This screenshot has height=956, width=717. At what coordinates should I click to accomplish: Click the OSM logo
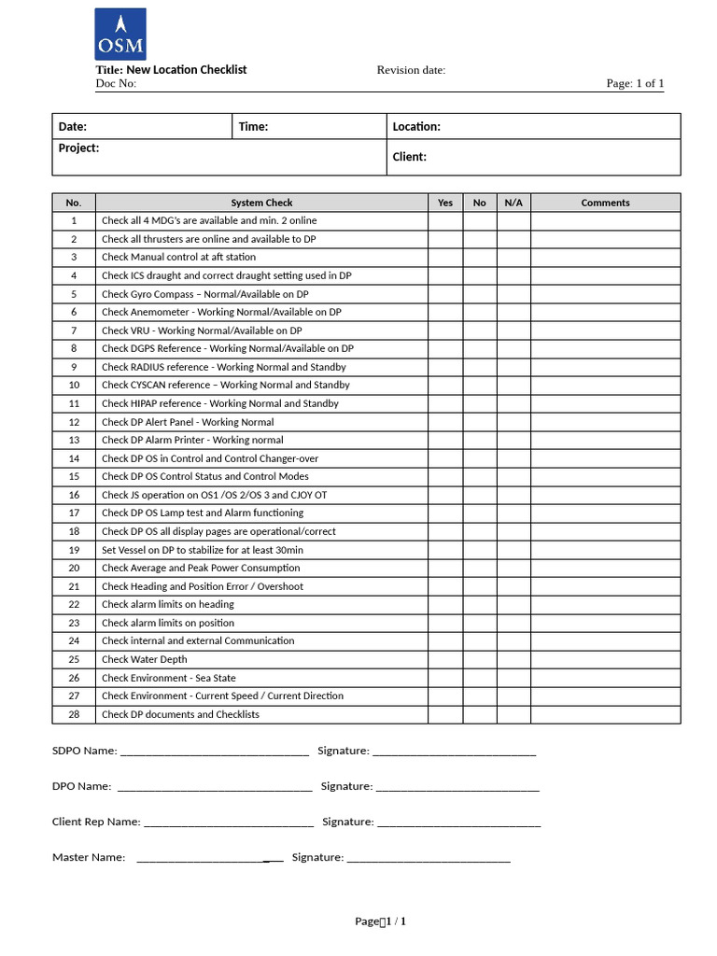click(x=120, y=34)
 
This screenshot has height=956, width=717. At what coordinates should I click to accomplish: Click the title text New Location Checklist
click(x=171, y=70)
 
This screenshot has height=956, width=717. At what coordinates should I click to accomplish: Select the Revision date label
click(x=411, y=70)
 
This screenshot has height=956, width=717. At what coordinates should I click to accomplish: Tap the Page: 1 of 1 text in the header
click(x=635, y=83)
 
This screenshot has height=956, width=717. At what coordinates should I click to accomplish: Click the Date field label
click(x=73, y=126)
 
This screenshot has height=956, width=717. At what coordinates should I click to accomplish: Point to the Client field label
click(x=409, y=157)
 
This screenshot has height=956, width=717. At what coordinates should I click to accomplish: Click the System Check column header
click(x=261, y=203)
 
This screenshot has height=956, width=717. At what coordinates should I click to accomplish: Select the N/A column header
click(x=513, y=203)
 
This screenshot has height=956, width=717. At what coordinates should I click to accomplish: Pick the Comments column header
click(x=605, y=203)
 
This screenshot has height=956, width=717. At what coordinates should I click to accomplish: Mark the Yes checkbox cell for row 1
click(x=445, y=220)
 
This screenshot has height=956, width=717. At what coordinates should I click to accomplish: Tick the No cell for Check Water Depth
click(x=479, y=659)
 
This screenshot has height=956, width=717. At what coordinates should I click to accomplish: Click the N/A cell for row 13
click(x=513, y=440)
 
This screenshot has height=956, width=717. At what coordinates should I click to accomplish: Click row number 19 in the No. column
click(x=74, y=550)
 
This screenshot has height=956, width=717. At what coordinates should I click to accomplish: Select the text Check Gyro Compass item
click(x=204, y=294)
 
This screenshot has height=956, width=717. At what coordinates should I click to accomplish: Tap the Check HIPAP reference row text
click(x=219, y=403)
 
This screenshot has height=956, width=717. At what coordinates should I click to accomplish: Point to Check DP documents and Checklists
click(x=180, y=714)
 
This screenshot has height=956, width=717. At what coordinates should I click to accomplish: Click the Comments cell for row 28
click(x=605, y=714)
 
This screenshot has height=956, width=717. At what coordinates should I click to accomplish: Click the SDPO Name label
click(x=85, y=751)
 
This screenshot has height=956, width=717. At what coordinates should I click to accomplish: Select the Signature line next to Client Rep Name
click(x=458, y=823)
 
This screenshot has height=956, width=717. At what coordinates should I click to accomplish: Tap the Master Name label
click(x=89, y=857)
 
